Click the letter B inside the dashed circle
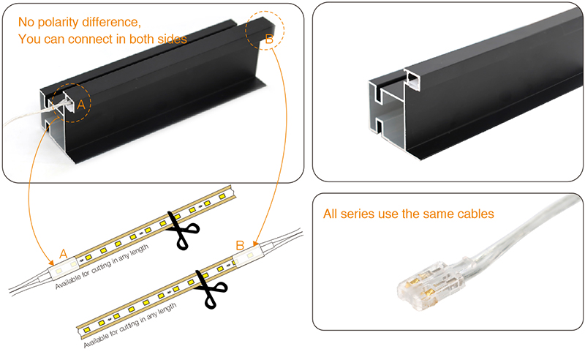268,41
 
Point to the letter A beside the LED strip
63,253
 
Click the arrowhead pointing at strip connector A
50,262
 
